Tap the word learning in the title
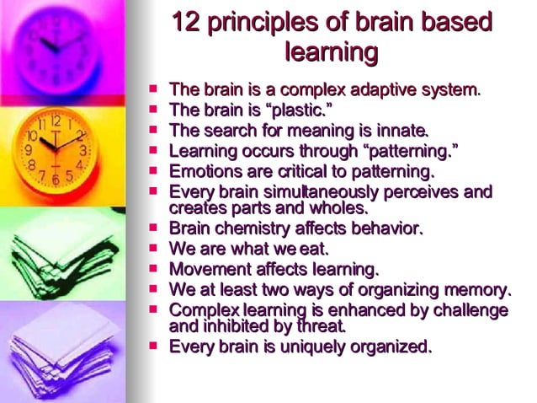pyautogui.click(x=331, y=52)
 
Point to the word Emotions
pyautogui.click(x=203, y=171)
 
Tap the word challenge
pyautogui.click(x=471, y=311)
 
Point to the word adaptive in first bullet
pyautogui.click(x=396, y=89)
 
